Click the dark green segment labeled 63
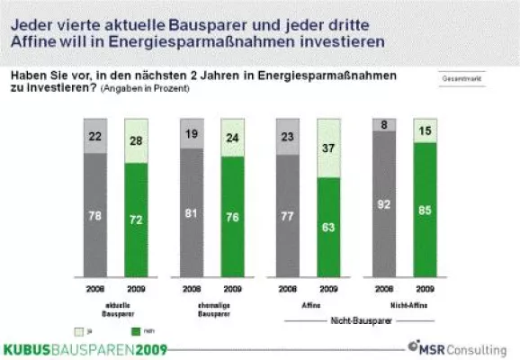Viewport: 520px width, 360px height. pos(329,226)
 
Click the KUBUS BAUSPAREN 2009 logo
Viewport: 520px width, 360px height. pos(85,348)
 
